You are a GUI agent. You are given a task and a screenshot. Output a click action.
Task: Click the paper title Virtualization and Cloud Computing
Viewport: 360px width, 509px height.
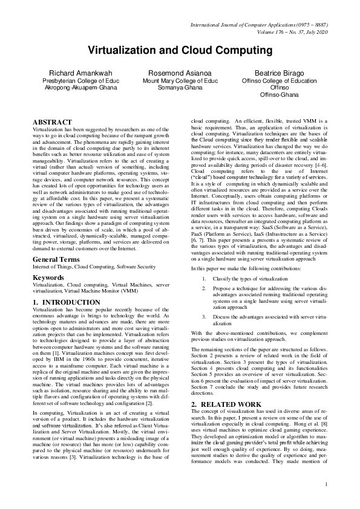click(x=180, y=50)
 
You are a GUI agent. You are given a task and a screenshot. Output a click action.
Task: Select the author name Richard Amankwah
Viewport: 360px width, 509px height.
click(x=80, y=73)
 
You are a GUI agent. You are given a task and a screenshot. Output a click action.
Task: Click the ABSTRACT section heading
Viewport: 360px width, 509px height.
click(x=52, y=122)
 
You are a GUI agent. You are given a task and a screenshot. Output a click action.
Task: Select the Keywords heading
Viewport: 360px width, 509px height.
click(x=50, y=277)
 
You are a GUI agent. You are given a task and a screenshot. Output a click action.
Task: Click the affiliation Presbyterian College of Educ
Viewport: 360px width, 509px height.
click(x=80, y=80)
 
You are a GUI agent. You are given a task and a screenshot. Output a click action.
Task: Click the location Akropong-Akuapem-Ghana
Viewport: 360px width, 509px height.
click(x=81, y=88)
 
